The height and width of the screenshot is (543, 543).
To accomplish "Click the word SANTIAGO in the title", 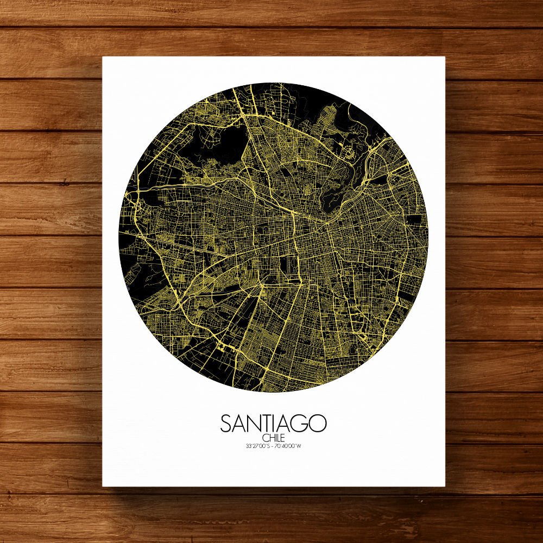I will point(274,423).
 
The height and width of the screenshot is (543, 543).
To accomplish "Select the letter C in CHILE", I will point(264,438).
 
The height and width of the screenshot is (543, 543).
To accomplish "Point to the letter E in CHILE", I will point(282,438).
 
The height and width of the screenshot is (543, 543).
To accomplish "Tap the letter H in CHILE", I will point(269,438).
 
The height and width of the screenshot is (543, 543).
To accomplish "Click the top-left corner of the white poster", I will point(103,57).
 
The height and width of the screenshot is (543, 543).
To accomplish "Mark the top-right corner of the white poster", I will point(445,57).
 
